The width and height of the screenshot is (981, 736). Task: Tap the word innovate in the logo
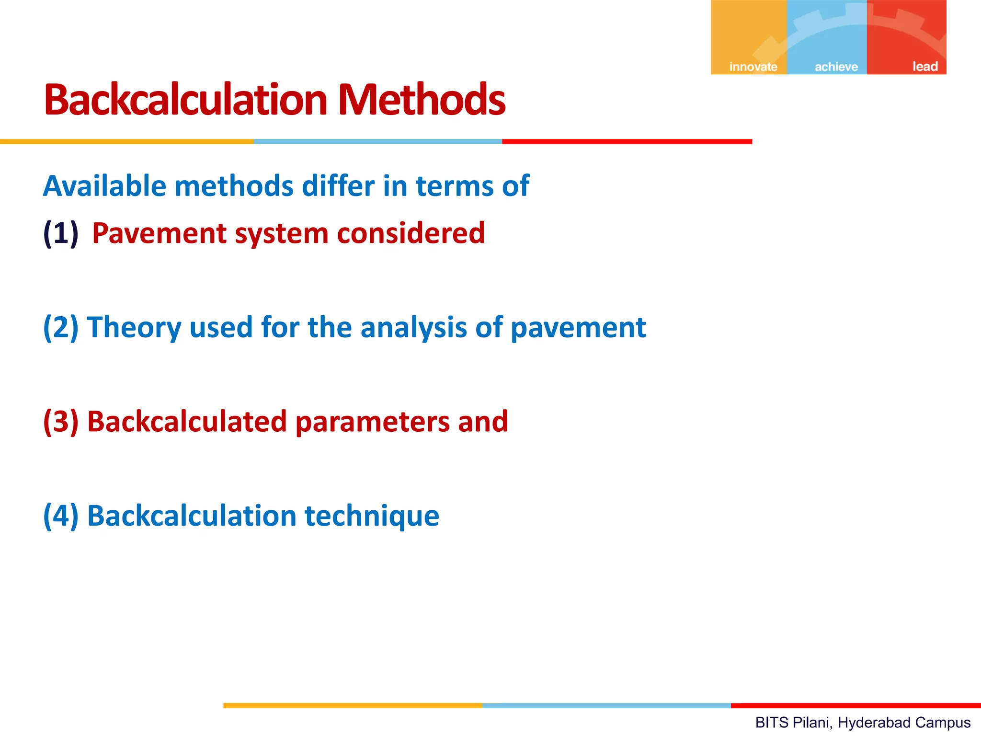(x=753, y=67)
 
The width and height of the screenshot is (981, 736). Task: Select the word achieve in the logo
(x=836, y=67)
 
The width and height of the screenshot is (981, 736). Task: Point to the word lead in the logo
(x=924, y=66)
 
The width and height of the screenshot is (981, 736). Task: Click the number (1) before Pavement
(x=61, y=233)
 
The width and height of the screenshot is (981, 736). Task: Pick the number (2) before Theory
(x=61, y=327)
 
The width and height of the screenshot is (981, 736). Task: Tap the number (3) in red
(x=61, y=422)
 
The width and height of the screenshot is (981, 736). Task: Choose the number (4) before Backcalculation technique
(x=61, y=516)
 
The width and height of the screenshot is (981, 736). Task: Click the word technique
(x=372, y=516)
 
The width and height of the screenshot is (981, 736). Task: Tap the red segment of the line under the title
(x=627, y=141)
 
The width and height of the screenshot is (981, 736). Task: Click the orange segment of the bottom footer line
(x=353, y=705)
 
